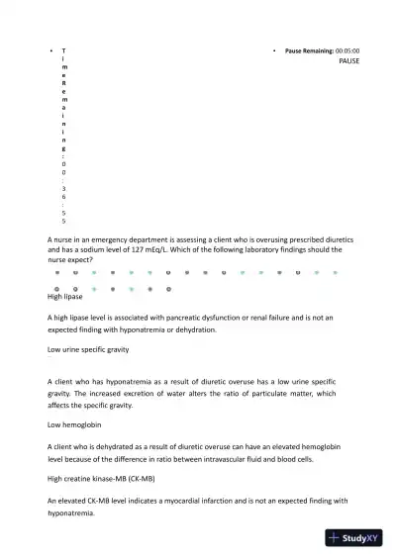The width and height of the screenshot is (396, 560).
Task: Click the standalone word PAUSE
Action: [349, 61]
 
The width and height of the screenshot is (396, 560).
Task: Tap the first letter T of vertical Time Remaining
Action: [64, 49]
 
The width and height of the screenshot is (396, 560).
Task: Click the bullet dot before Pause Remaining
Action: [274, 49]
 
